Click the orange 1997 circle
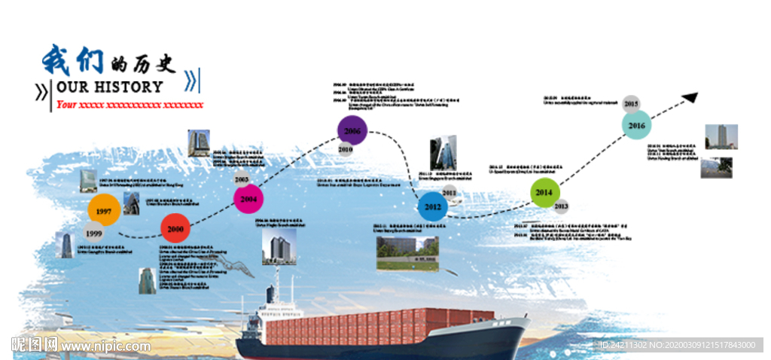104,211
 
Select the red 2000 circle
175,228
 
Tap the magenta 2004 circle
248,199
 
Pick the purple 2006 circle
352,131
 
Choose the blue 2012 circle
433,206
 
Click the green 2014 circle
544,193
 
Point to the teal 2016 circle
636,125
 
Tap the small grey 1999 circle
93,233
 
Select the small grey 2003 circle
241,179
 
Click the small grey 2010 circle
346,149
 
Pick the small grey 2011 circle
449,192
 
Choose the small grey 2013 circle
561,206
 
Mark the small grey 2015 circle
631,103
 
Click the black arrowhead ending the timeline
690,97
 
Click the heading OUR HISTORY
110,87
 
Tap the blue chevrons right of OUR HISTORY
192,79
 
